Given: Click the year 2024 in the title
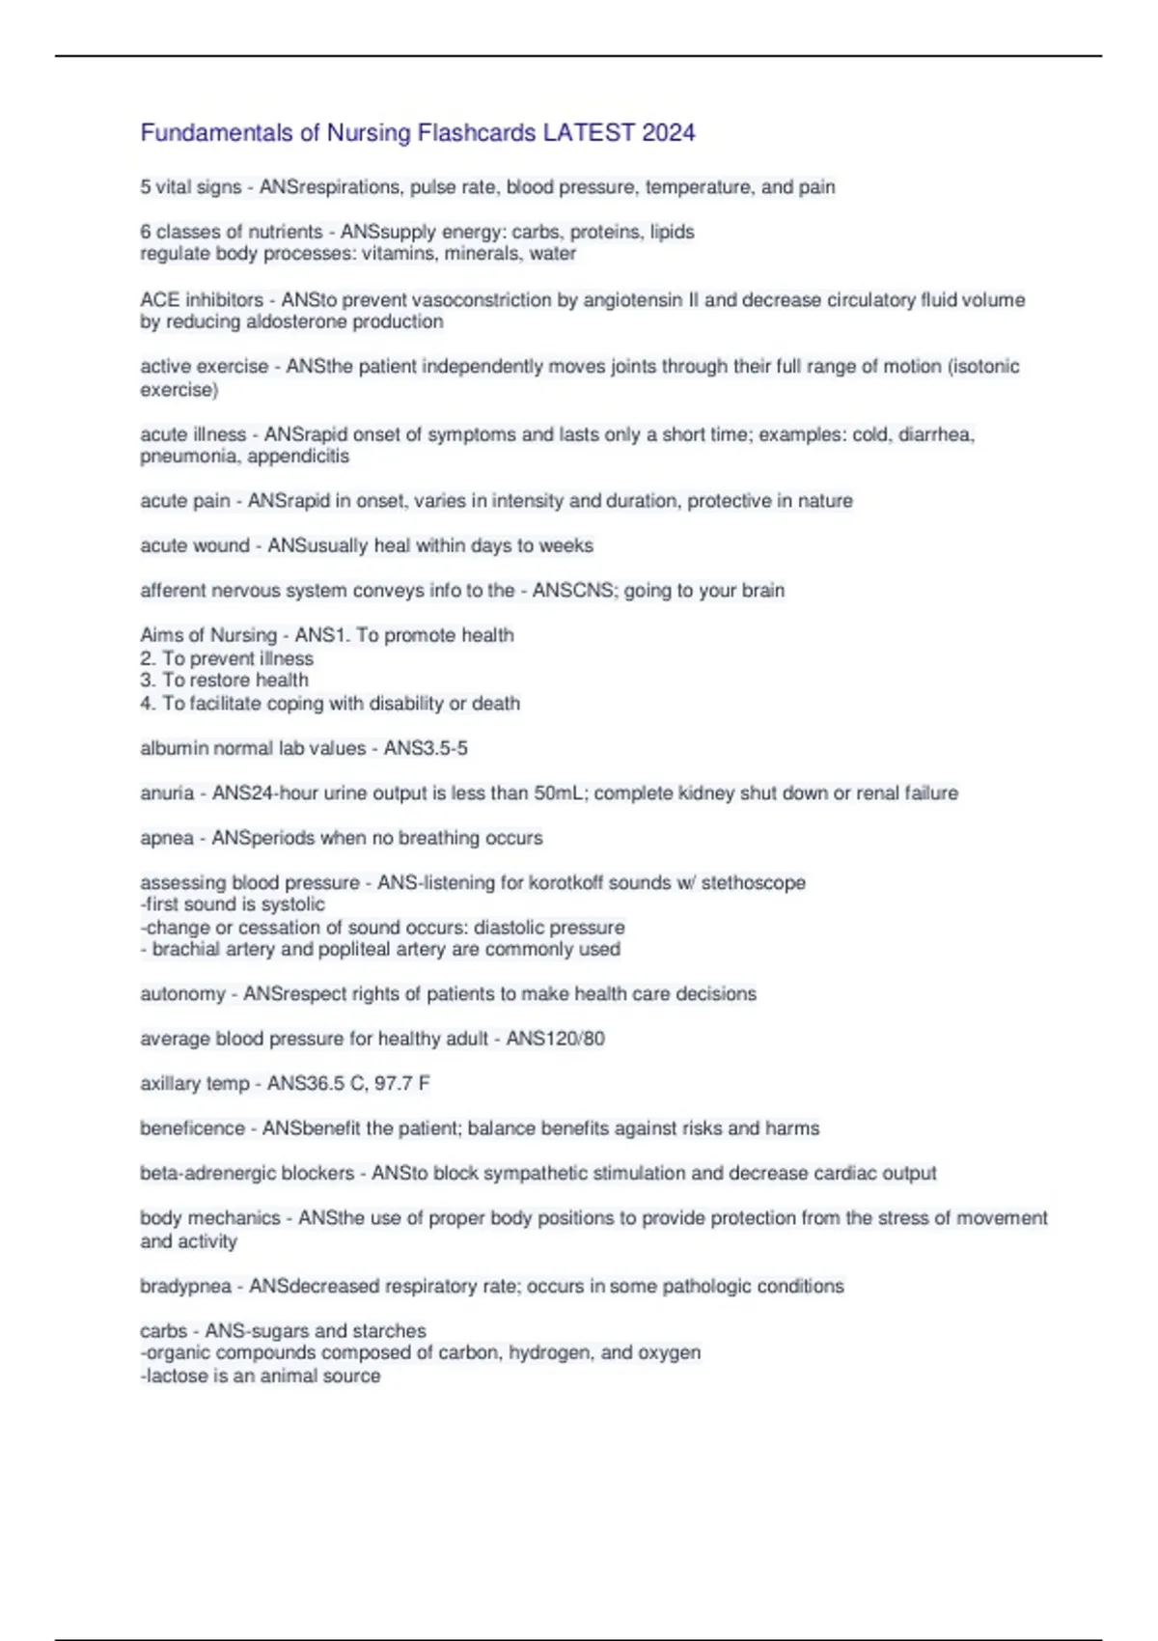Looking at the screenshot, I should click(x=668, y=132).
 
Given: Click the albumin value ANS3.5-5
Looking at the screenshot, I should click(x=426, y=748).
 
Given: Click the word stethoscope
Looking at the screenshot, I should click(x=754, y=882).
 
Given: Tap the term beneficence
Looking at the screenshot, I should click(x=192, y=1127).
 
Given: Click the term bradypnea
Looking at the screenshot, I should click(x=185, y=1286).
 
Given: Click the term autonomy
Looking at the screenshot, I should click(x=182, y=993).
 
